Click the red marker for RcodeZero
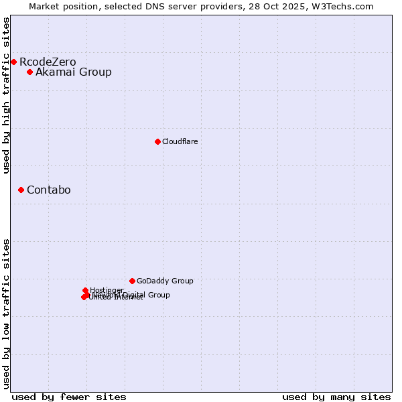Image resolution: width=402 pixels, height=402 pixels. click(13, 62)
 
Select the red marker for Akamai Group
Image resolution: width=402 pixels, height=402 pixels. click(29, 72)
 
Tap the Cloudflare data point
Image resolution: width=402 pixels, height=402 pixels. click(157, 141)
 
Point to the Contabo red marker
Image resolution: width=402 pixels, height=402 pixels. click(21, 190)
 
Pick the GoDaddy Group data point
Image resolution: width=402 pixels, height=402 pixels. click(132, 281)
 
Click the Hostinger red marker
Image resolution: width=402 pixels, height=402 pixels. click(85, 290)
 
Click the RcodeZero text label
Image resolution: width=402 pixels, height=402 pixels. click(48, 62)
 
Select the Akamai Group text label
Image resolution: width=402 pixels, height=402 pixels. click(74, 72)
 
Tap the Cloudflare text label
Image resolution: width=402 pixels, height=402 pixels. click(180, 141)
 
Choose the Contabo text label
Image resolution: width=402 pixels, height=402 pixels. click(49, 190)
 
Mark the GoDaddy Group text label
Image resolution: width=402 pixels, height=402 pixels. click(165, 281)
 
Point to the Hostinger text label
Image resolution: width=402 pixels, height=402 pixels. click(107, 289)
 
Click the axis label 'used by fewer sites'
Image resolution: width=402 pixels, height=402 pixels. click(69, 397)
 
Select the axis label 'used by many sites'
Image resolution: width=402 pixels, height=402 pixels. click(336, 397)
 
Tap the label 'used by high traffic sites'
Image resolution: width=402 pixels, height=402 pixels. click(7, 95)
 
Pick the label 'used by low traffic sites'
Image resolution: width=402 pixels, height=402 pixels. click(7, 314)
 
